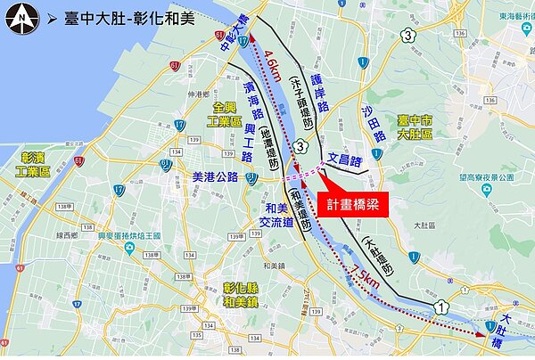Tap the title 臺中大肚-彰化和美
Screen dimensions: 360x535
tap(125, 18)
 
